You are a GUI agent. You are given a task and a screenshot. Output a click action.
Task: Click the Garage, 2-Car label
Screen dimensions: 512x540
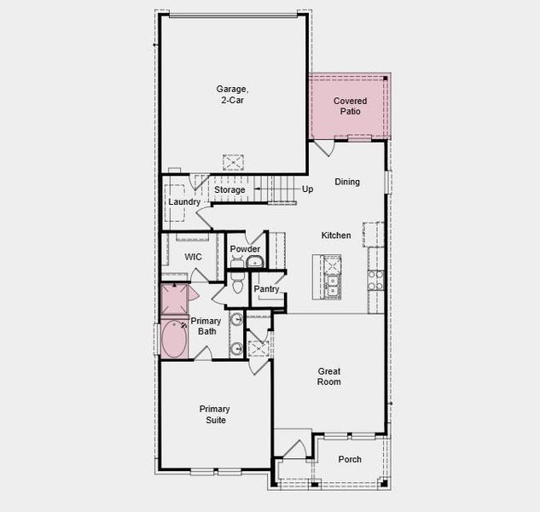coord(231,94)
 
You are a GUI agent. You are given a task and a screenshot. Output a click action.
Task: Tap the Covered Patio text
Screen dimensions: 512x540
coord(350,106)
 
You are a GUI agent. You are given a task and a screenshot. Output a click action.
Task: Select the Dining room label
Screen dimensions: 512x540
coord(347,182)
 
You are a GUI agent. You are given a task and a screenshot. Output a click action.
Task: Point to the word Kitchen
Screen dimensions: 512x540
coord(336,236)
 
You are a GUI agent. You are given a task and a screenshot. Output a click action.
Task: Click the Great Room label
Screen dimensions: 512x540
coord(329,376)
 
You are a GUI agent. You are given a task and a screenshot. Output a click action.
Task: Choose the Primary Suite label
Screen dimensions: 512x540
coord(215,414)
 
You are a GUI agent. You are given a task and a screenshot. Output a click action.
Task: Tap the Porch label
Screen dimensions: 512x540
coord(350,459)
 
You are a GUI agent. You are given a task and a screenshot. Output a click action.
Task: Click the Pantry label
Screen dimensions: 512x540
coord(267,289)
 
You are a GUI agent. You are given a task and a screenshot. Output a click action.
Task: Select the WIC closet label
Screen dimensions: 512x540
coord(193,256)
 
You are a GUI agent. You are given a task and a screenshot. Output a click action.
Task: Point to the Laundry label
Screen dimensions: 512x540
coord(183,202)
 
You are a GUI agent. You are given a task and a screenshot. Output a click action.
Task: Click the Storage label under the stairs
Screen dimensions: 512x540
coord(229,189)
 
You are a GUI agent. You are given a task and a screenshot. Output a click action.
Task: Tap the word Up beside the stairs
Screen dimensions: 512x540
coord(307,189)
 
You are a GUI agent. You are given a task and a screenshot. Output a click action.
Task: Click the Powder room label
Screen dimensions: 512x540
coord(245,249)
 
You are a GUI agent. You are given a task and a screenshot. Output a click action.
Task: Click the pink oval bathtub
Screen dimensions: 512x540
coord(175,340)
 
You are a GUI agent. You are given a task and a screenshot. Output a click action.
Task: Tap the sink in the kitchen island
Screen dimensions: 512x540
coord(331,283)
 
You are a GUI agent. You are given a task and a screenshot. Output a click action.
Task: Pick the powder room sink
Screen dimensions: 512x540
coord(256,262)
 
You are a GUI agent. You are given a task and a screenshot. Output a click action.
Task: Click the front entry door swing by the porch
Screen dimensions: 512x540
coord(294,450)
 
